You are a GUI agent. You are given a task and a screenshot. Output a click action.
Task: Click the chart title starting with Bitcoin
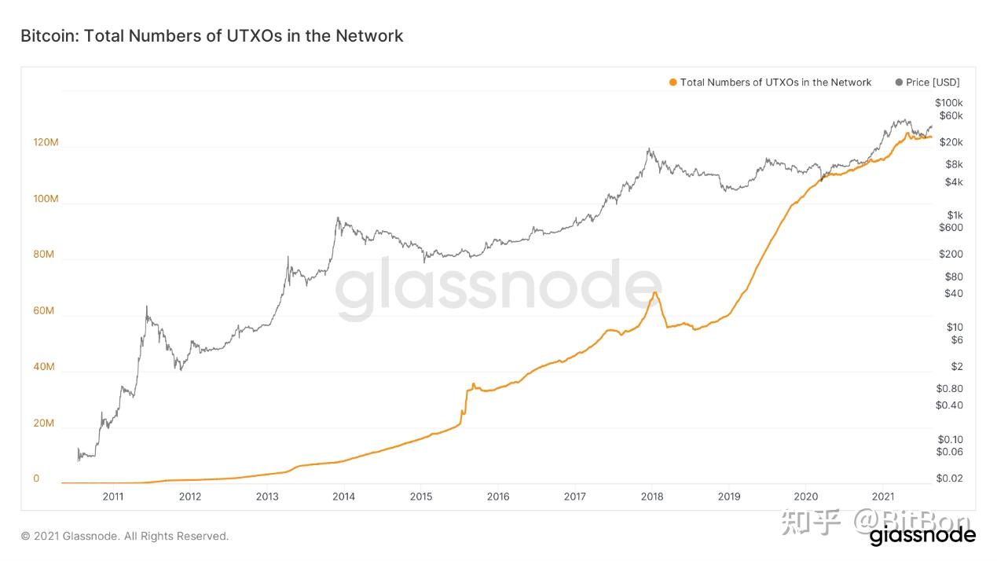211,35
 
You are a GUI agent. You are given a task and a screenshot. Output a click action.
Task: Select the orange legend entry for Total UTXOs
775,82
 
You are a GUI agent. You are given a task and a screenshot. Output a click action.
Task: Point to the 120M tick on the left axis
46,142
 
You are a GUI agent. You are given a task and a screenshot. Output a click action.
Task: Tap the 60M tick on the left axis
44,311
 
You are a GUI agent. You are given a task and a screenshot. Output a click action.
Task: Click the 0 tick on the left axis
36,478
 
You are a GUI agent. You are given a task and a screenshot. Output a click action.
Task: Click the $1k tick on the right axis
954,214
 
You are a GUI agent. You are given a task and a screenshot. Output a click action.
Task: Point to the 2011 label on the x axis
112,497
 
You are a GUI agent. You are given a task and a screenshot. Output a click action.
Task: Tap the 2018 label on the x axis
652,497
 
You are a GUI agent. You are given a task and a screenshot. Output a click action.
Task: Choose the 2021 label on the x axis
883,497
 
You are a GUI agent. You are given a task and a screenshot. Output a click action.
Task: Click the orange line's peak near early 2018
654,292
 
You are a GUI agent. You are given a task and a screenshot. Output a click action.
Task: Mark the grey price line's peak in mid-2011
146,306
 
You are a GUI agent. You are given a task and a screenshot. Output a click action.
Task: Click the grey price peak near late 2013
338,218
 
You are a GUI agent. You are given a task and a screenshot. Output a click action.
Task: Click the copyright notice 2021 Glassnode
125,536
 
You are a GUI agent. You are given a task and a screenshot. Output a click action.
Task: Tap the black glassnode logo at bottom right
922,536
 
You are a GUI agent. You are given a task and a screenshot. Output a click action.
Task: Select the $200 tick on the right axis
951,254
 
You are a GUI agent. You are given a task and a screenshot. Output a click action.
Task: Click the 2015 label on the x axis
421,497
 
